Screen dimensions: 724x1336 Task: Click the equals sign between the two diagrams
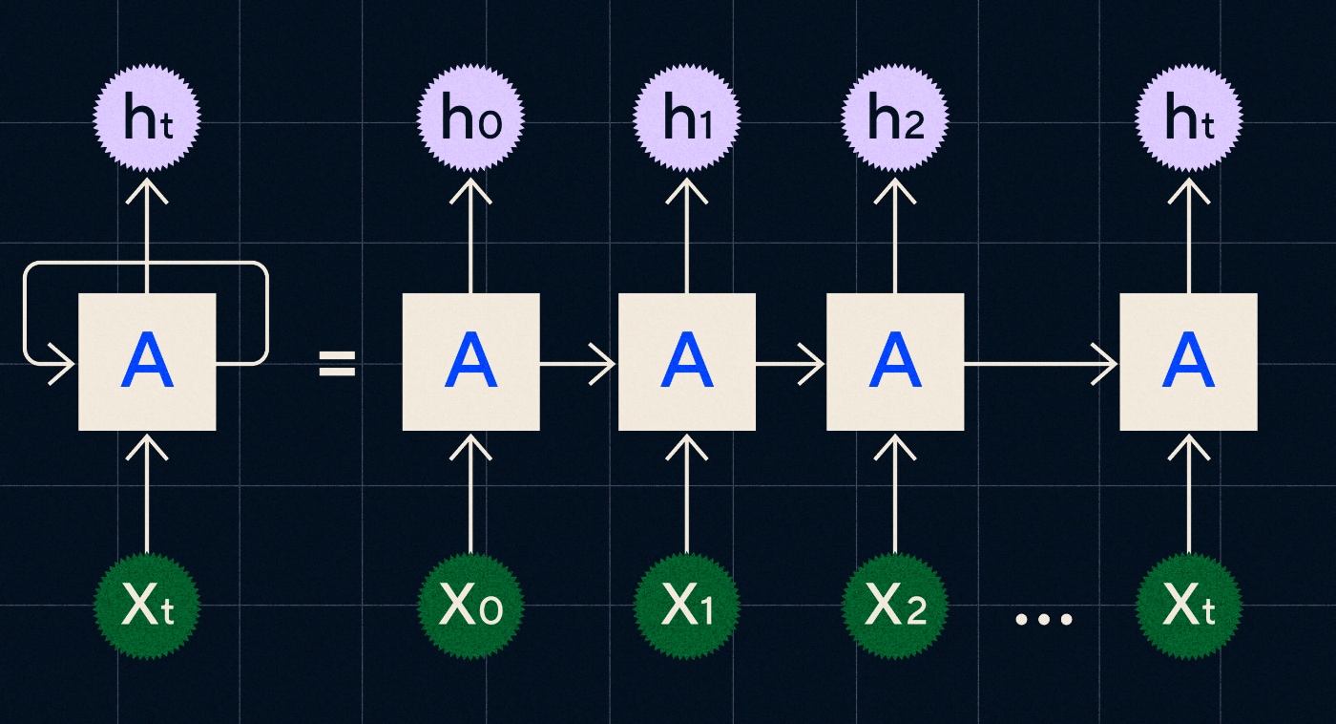337,363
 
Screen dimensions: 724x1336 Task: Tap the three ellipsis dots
1043,619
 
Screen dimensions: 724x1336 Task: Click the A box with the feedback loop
147,362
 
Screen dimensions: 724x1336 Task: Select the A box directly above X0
470,362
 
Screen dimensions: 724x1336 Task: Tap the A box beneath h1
687,362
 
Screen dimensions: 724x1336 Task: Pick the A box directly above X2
894,362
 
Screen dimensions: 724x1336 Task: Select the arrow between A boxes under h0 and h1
578,364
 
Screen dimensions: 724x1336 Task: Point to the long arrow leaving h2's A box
1040,364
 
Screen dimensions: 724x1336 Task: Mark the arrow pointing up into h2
894,234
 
